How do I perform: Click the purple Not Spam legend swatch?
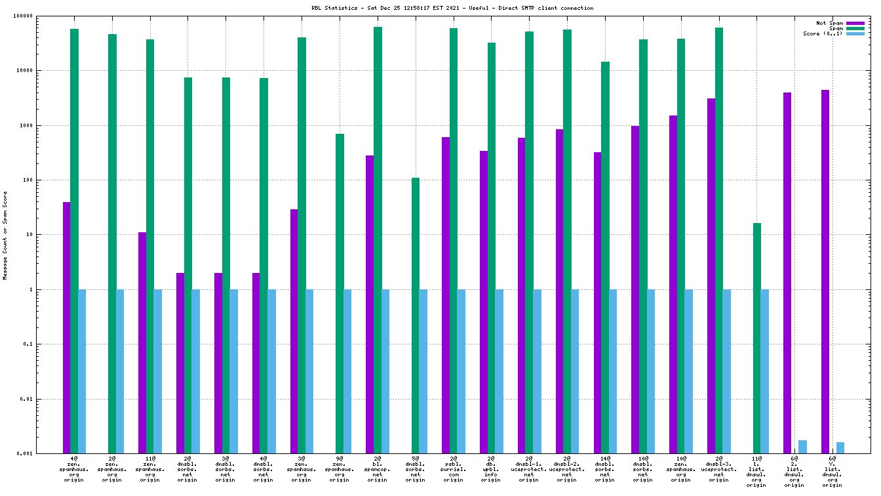855,23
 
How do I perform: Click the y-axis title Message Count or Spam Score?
5,236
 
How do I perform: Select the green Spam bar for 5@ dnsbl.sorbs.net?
416,315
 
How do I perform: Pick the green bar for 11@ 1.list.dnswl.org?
757,338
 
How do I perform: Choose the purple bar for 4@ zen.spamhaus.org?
67,327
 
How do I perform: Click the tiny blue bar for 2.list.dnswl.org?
802,447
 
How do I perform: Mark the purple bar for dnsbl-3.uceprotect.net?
711,276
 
